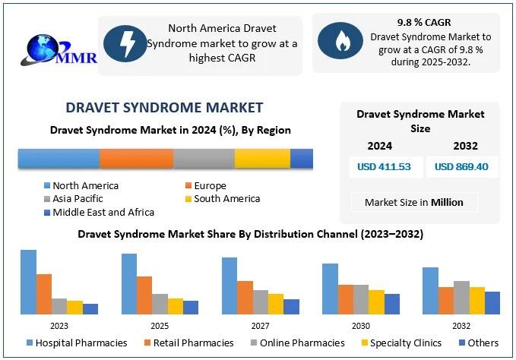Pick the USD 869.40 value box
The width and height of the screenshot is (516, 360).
point(462,167)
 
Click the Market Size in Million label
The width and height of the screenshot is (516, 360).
point(414,202)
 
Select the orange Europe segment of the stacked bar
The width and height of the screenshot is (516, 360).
point(136,158)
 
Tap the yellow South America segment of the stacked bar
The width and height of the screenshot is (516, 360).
point(262,158)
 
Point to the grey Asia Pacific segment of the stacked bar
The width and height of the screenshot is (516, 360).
point(204,158)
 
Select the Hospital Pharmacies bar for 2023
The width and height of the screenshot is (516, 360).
point(28,282)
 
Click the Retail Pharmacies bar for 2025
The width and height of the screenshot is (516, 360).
point(144,295)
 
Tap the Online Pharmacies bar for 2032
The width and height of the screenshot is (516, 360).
point(461,297)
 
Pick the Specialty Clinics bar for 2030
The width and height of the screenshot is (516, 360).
point(376,302)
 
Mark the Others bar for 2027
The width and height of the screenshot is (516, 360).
point(292,306)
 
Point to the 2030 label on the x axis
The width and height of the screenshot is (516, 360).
point(361,324)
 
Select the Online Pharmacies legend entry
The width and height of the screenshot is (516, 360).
point(296,343)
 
